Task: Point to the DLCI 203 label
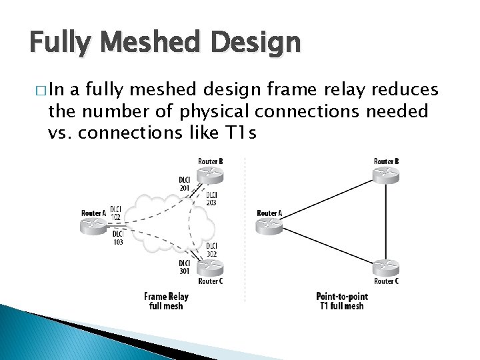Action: point(211,199)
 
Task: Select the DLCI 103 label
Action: point(117,238)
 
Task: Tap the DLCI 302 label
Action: point(211,250)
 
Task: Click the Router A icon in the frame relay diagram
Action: point(93,225)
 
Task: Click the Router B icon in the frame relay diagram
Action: point(211,174)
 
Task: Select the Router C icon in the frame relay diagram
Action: point(211,267)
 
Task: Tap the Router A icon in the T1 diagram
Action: point(269,225)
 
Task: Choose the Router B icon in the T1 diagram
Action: point(387,174)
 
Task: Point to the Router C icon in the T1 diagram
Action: point(387,267)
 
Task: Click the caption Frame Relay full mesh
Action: point(166,301)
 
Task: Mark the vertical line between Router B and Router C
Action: point(387,220)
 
